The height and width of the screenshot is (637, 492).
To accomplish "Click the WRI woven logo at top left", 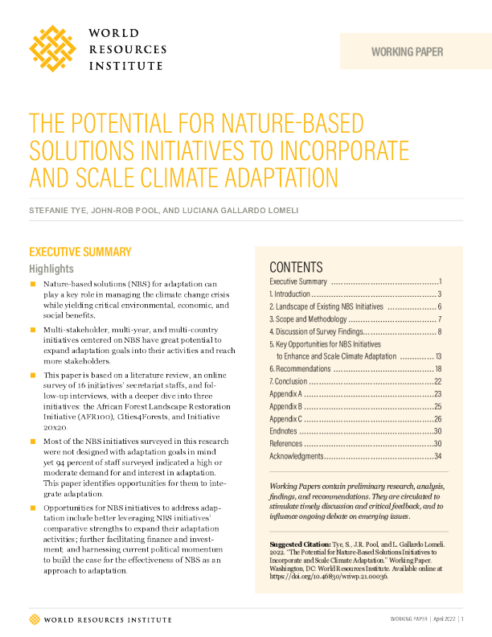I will click(x=53, y=48).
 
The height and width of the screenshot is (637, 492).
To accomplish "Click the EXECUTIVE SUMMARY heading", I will click(x=80, y=252).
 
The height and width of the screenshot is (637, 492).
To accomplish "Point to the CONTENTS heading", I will click(x=296, y=267).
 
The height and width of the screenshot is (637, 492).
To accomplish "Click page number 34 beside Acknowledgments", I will click(x=438, y=456).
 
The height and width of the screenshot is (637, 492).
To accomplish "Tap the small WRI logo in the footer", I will click(x=33, y=619).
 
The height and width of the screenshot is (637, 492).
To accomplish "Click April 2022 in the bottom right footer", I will click(x=444, y=619).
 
